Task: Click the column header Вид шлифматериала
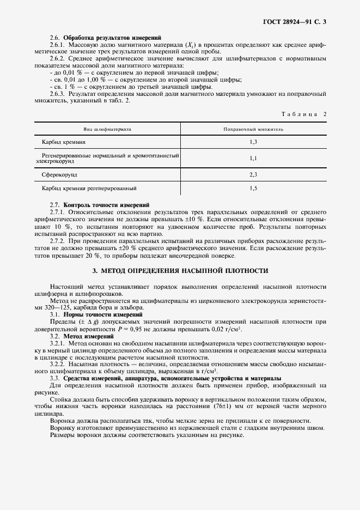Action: (x=107, y=130)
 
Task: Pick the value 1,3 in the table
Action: (x=253, y=142)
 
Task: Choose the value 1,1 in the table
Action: (x=253, y=158)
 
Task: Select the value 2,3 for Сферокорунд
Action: (x=253, y=175)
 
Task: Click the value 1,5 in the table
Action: (x=253, y=188)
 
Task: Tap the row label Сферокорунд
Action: (x=60, y=175)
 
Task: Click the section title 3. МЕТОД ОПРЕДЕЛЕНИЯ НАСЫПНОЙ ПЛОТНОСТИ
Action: (x=180, y=270)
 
